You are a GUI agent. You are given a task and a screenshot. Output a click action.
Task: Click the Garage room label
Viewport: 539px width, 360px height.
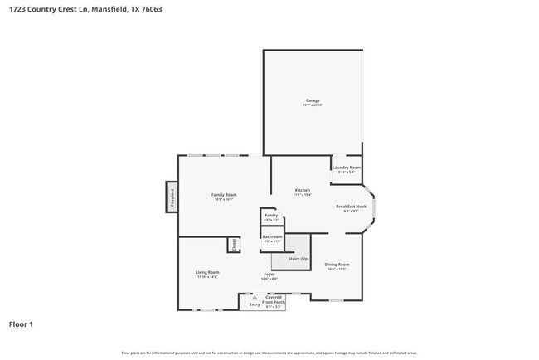(x=312, y=101)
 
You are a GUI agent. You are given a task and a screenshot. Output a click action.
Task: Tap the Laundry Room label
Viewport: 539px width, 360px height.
(x=346, y=168)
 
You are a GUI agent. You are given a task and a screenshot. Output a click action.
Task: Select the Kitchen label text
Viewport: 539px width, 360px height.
(x=303, y=190)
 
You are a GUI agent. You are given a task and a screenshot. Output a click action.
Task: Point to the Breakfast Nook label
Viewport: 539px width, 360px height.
(x=351, y=206)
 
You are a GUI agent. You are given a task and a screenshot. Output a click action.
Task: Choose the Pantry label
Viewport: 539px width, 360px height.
(x=271, y=215)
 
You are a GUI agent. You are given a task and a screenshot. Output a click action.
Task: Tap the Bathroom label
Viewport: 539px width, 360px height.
(x=272, y=237)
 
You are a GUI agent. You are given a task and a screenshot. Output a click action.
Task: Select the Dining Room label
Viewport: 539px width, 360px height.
(x=336, y=264)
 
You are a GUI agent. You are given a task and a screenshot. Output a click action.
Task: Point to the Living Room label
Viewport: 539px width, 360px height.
(x=207, y=272)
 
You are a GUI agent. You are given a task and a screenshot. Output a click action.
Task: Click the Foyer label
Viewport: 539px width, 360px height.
(x=269, y=274)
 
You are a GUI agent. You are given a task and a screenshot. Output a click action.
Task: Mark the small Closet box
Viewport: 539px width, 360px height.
(x=234, y=245)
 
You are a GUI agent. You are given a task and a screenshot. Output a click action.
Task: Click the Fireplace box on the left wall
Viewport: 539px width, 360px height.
(x=172, y=197)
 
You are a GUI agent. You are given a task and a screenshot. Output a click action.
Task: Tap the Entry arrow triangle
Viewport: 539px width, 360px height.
(x=255, y=297)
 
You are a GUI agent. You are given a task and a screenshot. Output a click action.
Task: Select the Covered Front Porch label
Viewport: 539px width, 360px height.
(x=274, y=299)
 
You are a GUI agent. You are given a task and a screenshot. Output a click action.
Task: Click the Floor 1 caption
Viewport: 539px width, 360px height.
(x=22, y=324)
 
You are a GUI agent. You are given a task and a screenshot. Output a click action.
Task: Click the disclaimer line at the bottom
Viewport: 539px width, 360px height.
(x=269, y=353)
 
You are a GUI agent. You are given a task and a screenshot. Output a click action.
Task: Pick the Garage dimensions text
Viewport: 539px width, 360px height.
(x=312, y=105)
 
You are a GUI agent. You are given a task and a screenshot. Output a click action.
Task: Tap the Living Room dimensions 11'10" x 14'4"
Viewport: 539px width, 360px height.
(x=207, y=277)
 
